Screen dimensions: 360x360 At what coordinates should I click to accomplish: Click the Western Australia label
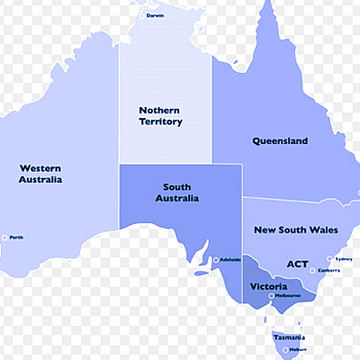pyautogui.click(x=40, y=173)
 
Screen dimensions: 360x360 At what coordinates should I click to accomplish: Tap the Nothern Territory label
pyautogui.click(x=160, y=116)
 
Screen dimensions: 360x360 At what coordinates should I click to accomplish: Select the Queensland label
pyautogui.click(x=280, y=141)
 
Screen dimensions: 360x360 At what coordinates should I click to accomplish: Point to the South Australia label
pyautogui.click(x=177, y=193)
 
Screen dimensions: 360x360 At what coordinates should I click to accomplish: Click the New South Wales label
pyautogui.click(x=296, y=230)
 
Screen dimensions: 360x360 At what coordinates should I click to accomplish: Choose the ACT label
pyautogui.click(x=297, y=264)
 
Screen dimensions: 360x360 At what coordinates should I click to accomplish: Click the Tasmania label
pyautogui.click(x=290, y=337)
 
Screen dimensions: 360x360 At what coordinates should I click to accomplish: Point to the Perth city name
pyautogui.click(x=16, y=238)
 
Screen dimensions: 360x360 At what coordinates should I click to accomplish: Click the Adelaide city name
pyautogui.click(x=229, y=260)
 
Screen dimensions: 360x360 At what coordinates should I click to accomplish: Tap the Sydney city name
pyautogui.click(x=343, y=258)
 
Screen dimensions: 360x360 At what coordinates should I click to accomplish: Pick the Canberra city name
pyautogui.click(x=328, y=270)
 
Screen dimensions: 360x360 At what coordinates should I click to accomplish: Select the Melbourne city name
pyautogui.click(x=288, y=295)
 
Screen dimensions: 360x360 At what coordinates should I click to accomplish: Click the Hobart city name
pyautogui.click(x=298, y=348)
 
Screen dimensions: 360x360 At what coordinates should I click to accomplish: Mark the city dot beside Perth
pyautogui.click(x=4, y=238)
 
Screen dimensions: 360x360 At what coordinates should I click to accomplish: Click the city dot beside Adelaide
pyautogui.click(x=216, y=260)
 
